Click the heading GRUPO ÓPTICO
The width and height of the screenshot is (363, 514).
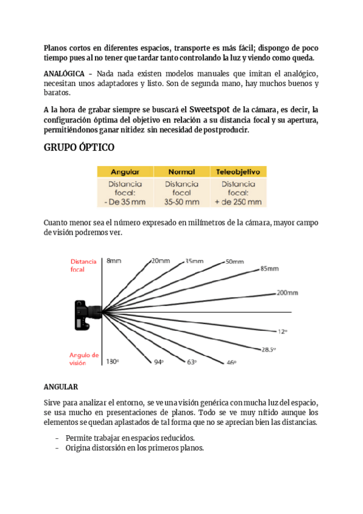[x=79, y=148]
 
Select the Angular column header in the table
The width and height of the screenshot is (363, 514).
[x=125, y=172]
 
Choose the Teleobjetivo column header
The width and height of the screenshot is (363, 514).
[x=238, y=172]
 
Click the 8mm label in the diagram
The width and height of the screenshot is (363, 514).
[x=114, y=261]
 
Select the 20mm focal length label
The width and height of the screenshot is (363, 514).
[x=160, y=261]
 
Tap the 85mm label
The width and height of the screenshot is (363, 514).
[x=269, y=269]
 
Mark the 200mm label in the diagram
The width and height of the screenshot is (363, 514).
[x=287, y=293]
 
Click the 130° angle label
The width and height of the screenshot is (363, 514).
[x=113, y=361]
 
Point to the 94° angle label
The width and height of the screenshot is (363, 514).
[x=159, y=362]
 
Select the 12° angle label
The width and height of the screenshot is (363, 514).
[x=282, y=332]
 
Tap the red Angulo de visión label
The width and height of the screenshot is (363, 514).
[x=83, y=359]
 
